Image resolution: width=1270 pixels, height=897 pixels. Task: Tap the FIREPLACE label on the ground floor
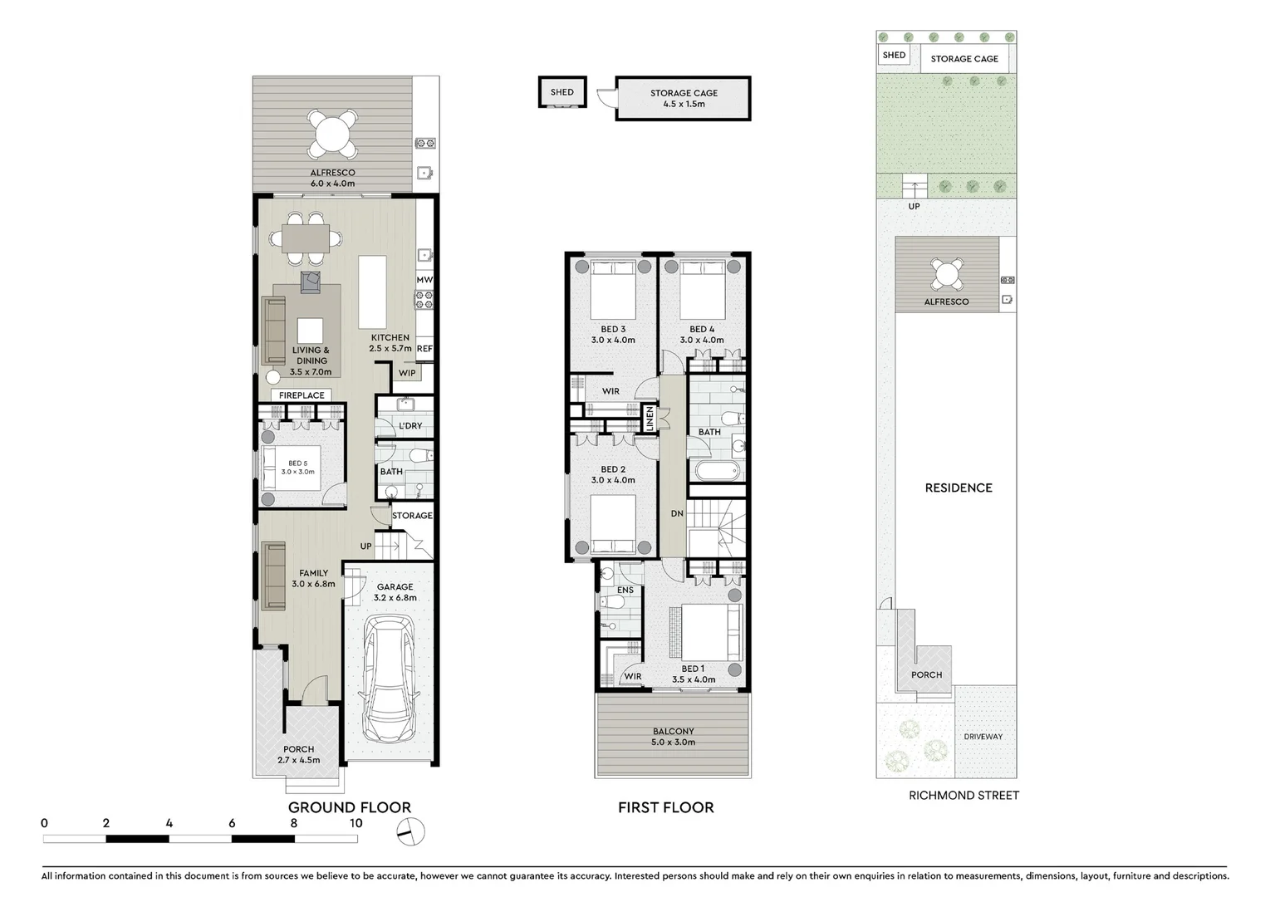coord(302,395)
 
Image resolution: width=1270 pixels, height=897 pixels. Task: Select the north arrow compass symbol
coord(410,831)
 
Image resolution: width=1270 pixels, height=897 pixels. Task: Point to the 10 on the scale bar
coord(356,823)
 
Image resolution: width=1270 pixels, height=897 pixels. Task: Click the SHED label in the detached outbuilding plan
coord(561,92)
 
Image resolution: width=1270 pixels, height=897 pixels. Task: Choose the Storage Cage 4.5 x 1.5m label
coord(684,99)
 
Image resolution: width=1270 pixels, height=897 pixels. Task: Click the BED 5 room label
coord(297,468)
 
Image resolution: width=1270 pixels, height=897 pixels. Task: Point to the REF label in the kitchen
coord(424,349)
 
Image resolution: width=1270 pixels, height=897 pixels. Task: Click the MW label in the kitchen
coord(424,281)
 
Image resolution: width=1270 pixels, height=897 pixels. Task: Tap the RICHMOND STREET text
coord(964,796)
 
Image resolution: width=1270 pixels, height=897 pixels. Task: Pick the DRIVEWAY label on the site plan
coord(983,737)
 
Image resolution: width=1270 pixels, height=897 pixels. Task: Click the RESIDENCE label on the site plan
coord(959,488)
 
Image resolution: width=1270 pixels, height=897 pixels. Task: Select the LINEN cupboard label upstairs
coord(650,418)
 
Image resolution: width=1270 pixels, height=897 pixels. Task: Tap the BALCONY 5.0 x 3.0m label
coord(673,737)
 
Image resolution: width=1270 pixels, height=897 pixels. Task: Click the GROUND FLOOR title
coord(349,807)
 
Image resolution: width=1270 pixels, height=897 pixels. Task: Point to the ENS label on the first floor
coord(625,591)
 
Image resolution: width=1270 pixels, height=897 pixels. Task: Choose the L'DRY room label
coord(410,426)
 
